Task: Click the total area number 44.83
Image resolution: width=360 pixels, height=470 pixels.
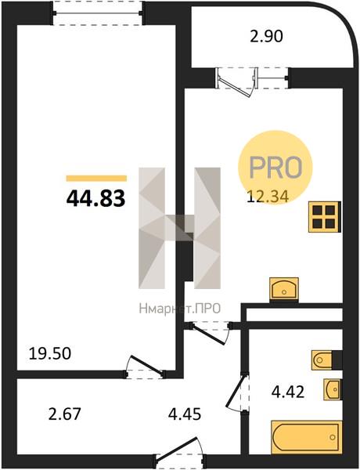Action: coord(95,199)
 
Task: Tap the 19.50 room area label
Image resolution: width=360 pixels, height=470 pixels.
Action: coord(50,353)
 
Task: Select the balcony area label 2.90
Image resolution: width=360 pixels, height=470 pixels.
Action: coord(266,37)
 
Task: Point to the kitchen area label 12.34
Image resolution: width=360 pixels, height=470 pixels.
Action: coord(268,197)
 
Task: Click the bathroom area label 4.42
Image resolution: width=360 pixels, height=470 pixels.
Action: coord(288,392)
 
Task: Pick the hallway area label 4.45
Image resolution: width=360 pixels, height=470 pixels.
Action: coord(185,414)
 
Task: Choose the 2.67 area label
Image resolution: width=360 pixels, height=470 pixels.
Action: coord(64,414)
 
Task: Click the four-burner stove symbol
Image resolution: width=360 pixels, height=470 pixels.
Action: coord(325,216)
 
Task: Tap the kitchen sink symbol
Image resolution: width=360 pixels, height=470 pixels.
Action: coord(284,289)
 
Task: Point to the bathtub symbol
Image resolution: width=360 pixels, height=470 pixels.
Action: coord(306,437)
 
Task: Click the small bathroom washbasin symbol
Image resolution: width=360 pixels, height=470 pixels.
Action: coord(333,389)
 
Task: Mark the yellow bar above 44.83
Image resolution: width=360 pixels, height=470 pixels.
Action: coord(96,179)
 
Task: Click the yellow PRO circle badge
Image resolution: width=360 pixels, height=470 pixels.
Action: coord(275,168)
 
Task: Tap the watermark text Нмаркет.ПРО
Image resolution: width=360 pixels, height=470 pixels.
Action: coord(180,308)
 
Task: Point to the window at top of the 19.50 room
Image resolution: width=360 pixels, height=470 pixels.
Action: coord(98,13)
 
